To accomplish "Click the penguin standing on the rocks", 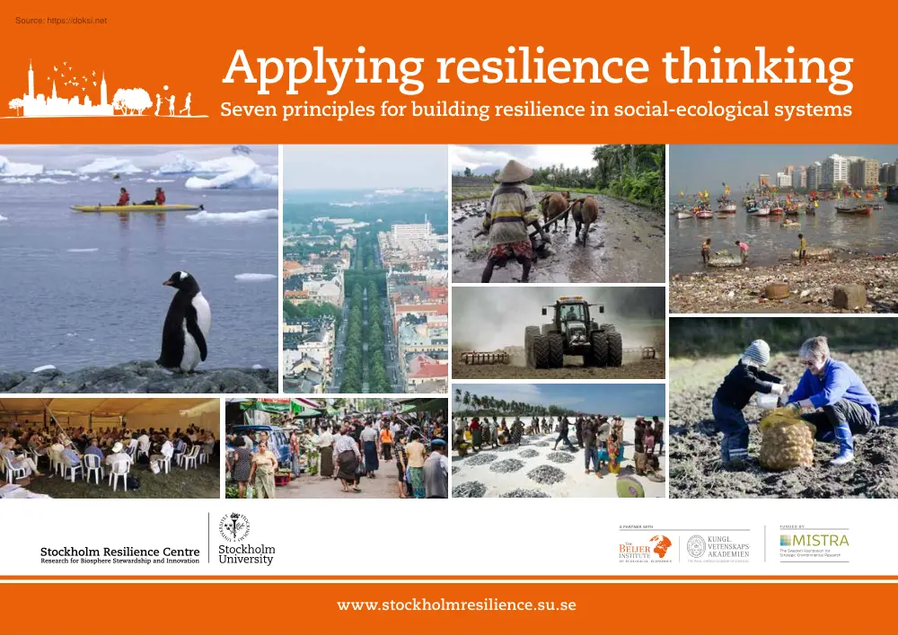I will tap(186, 322).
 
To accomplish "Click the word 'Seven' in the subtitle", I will tap(245, 110).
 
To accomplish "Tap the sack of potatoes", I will tap(786, 439).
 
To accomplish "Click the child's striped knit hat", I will tap(757, 351).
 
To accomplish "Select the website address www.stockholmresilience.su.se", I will tap(456, 605).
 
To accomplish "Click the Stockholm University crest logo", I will tap(237, 526).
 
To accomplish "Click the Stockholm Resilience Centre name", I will tap(119, 551).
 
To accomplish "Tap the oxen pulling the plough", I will tap(568, 213).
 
